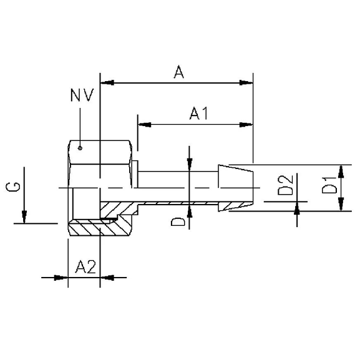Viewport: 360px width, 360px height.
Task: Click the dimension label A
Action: point(178,73)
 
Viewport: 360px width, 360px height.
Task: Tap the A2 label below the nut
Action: point(84,268)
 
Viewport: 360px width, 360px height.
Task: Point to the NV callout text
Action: point(82,96)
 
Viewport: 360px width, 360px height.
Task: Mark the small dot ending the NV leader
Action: point(80,148)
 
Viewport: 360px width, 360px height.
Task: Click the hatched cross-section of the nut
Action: point(94,228)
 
